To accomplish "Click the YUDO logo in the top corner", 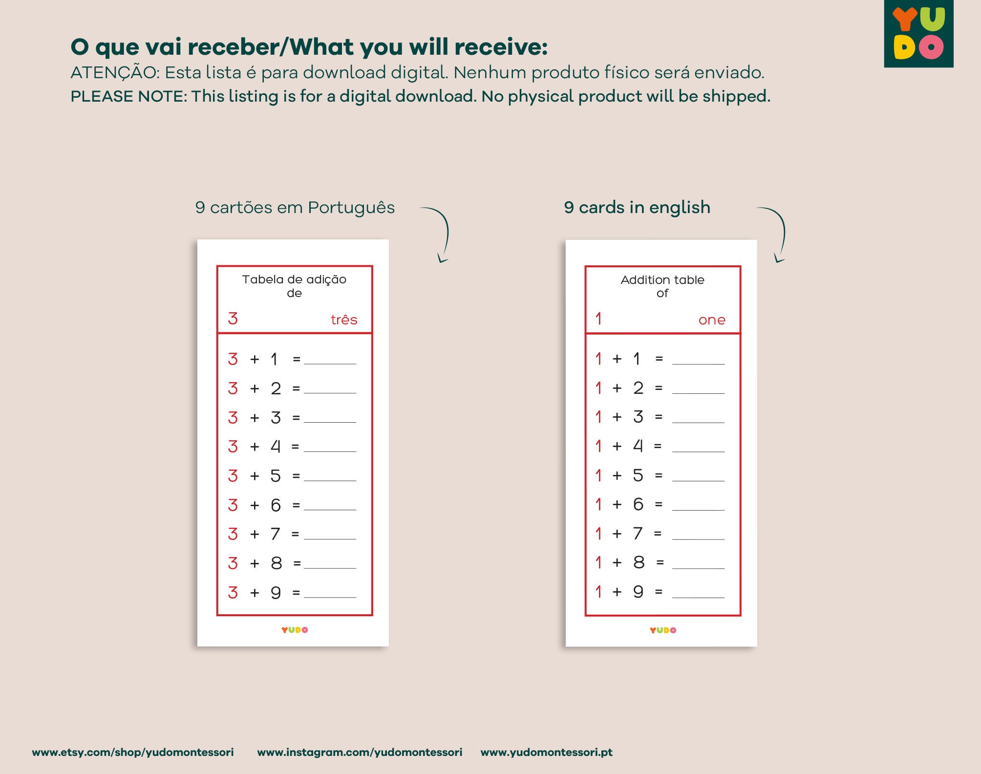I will pyautogui.click(x=918, y=33).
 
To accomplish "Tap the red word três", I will pyautogui.click(x=344, y=320).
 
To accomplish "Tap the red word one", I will pyautogui.click(x=712, y=320).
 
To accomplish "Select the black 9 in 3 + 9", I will pyautogui.click(x=276, y=593).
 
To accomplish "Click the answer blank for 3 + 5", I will pyautogui.click(x=330, y=477).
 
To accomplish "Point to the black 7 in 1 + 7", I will pyautogui.click(x=638, y=534).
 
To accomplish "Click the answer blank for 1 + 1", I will pyautogui.click(x=698, y=360).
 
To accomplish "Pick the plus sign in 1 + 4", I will pyautogui.click(x=617, y=446).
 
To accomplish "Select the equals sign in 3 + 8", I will pyautogui.click(x=297, y=563).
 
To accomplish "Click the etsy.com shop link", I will pyautogui.click(x=133, y=752).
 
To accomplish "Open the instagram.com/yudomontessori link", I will pyautogui.click(x=360, y=752).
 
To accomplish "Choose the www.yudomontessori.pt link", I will pyautogui.click(x=546, y=752).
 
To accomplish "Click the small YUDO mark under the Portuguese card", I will pyautogui.click(x=295, y=630).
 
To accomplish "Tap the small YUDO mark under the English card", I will pyautogui.click(x=663, y=630).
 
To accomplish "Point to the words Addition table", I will pyautogui.click(x=662, y=280).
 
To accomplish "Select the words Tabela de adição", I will pyautogui.click(x=294, y=279).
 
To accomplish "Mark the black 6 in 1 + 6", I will pyautogui.click(x=638, y=504).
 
